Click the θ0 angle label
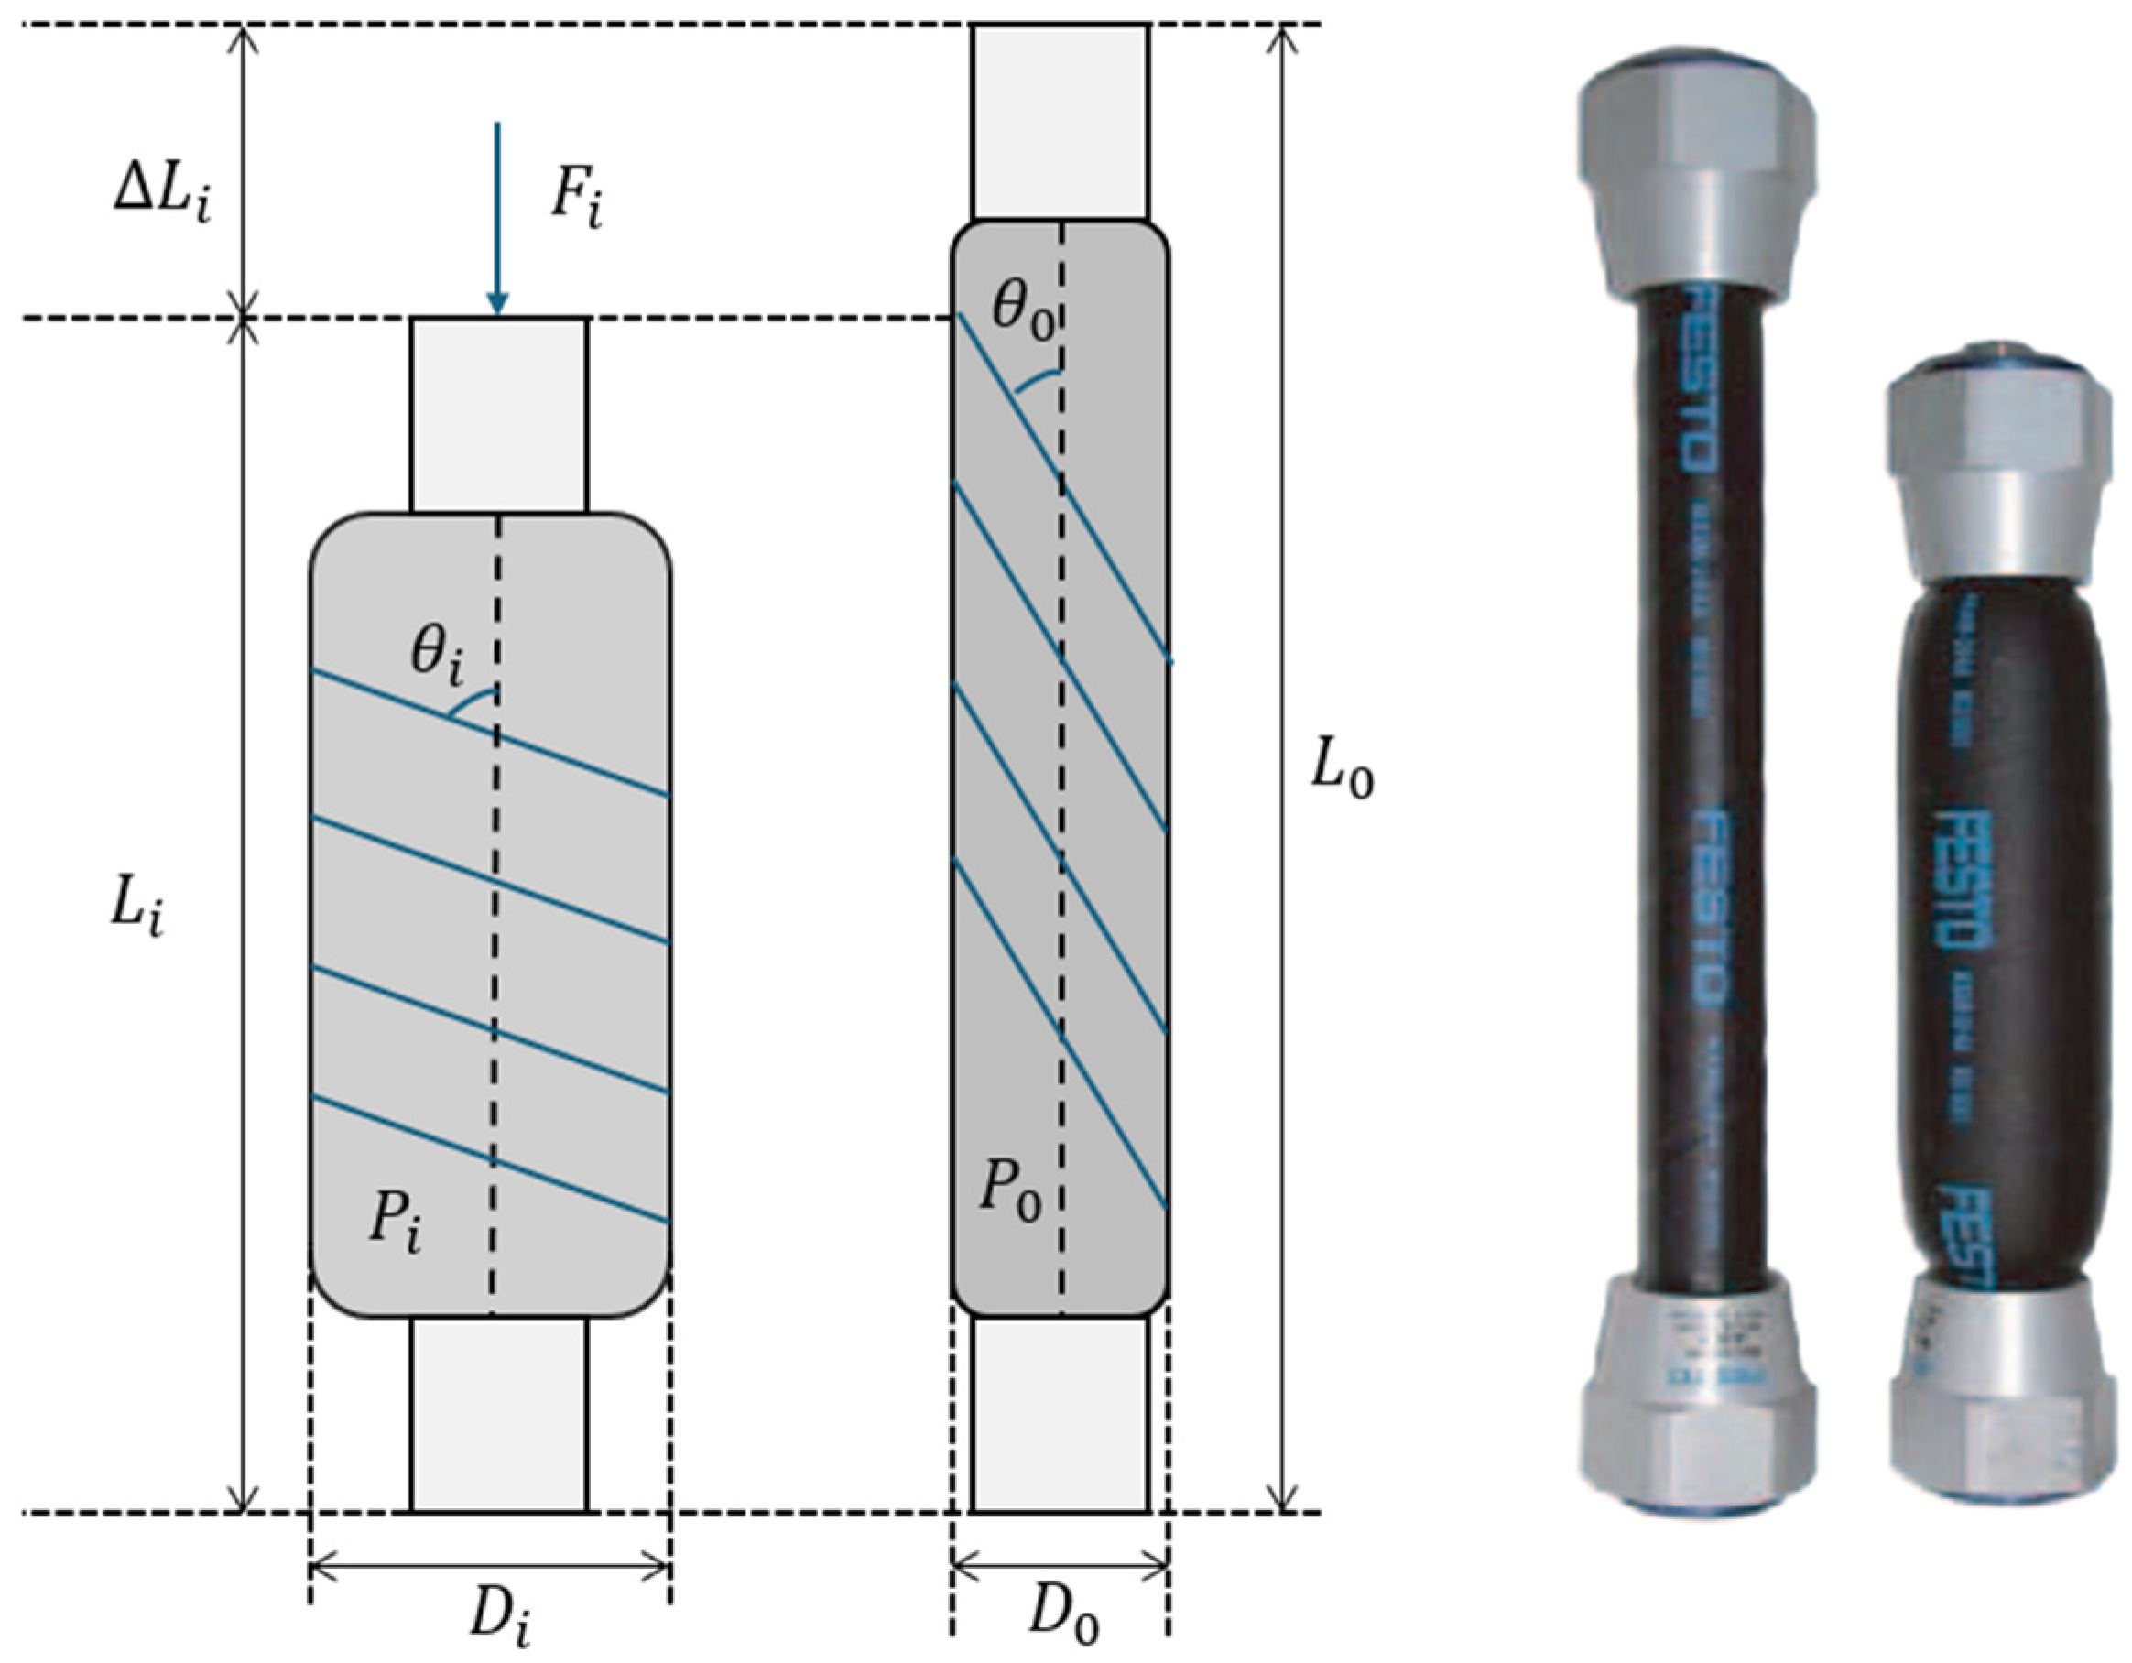[1022, 310]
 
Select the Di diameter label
[501, 1620]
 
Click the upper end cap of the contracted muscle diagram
[499, 415]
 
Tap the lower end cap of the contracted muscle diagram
[499, 1414]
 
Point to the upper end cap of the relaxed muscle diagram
[1061, 122]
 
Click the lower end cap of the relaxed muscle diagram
[1061, 1414]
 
